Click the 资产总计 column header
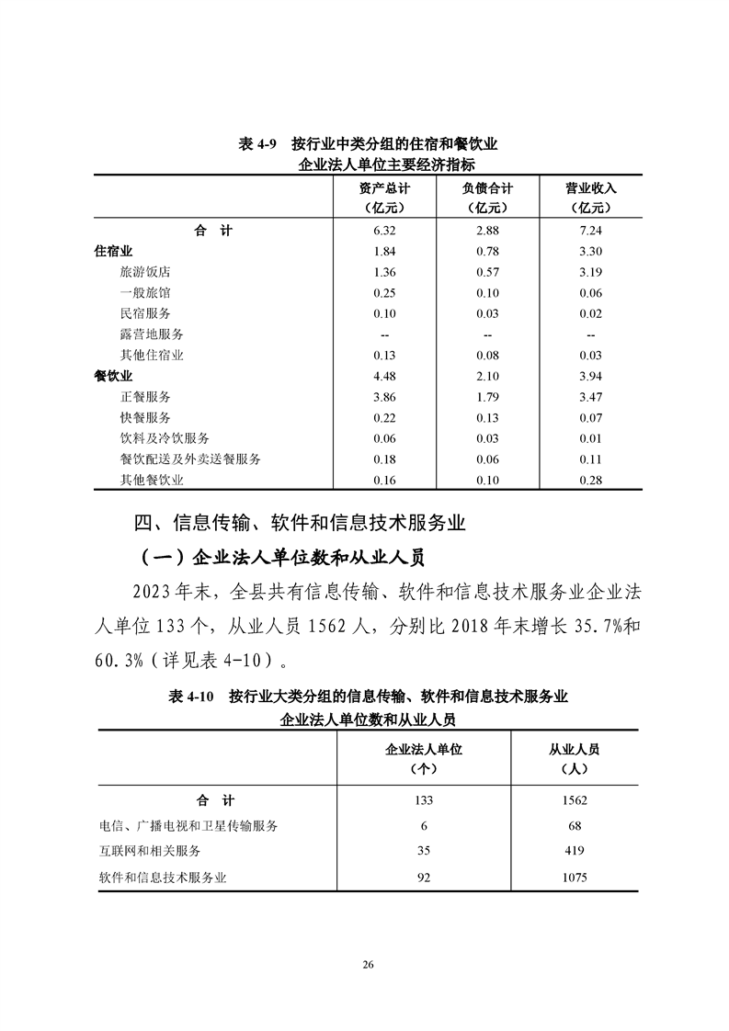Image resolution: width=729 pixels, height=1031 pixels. [383, 188]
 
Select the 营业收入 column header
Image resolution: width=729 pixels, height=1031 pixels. [591, 188]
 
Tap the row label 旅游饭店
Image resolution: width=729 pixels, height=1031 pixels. [145, 272]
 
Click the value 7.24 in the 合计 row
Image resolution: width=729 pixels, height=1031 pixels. [591, 231]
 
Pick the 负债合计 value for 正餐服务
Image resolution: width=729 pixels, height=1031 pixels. [487, 397]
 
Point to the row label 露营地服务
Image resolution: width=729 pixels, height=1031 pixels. [152, 334]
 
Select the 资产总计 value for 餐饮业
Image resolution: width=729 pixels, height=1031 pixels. [383, 376]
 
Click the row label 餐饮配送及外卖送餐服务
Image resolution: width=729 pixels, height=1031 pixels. [190, 459]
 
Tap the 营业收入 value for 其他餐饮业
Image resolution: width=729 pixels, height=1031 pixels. [591, 480]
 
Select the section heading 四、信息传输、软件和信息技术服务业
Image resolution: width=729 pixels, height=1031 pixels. [301, 524]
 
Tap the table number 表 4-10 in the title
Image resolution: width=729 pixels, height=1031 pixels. [190, 697]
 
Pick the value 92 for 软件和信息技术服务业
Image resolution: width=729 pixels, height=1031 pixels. [424, 878]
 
